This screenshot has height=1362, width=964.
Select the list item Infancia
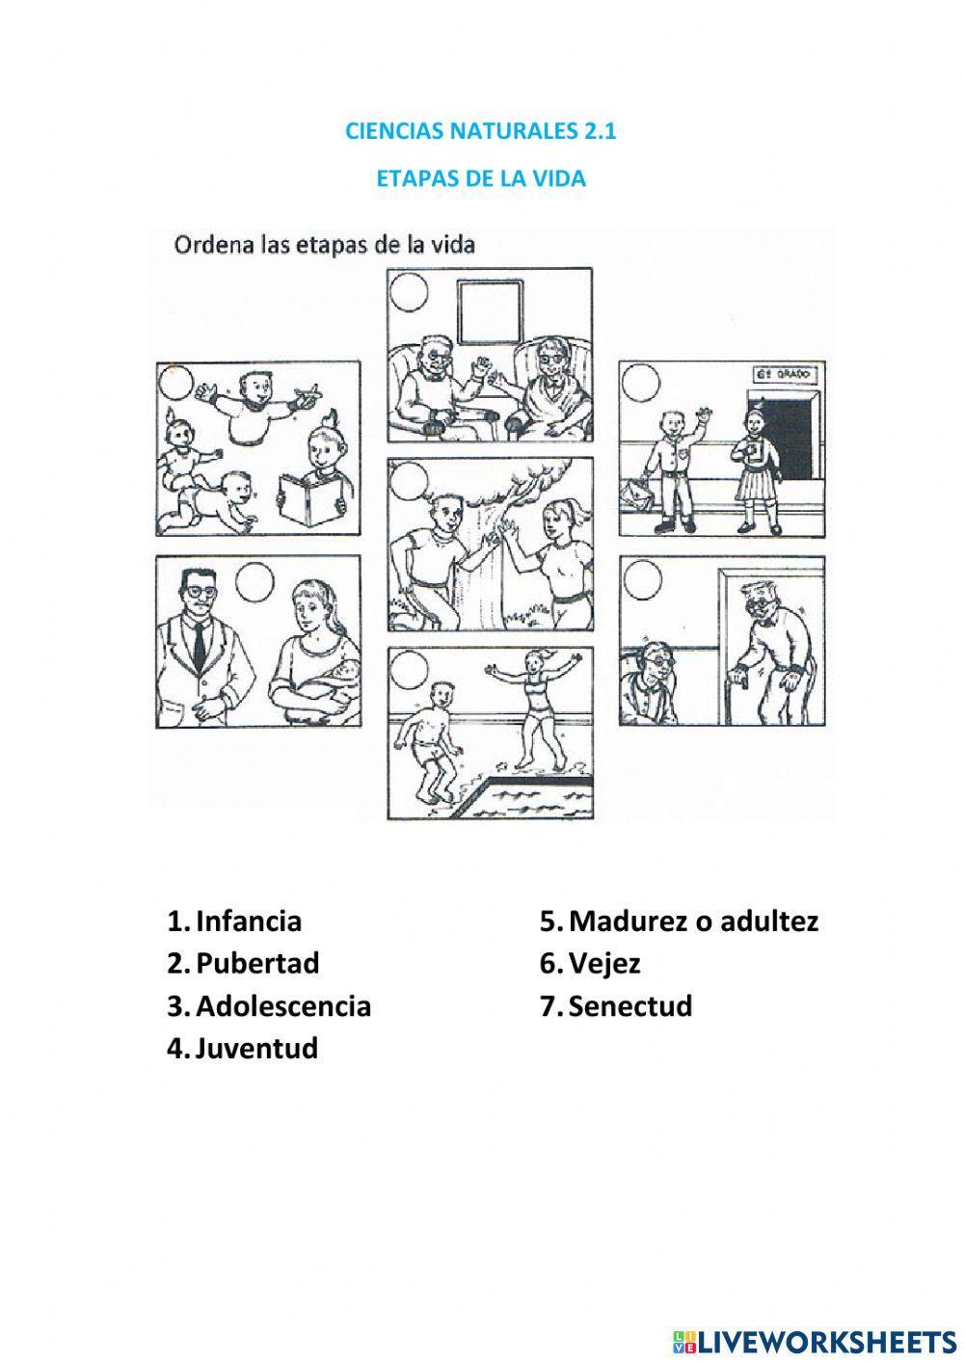[248, 921]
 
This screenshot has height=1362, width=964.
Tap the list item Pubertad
[256, 963]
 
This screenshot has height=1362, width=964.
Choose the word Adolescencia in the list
[282, 1005]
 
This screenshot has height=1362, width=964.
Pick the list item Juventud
[255, 1048]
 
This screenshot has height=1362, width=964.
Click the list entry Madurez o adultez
[692, 921]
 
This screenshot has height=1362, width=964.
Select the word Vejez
[604, 963]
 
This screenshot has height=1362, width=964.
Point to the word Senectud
[629, 1005]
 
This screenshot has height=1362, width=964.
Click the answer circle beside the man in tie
[255, 582]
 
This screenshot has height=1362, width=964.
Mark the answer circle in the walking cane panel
[642, 581]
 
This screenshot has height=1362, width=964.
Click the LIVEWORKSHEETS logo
[812, 1341]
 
